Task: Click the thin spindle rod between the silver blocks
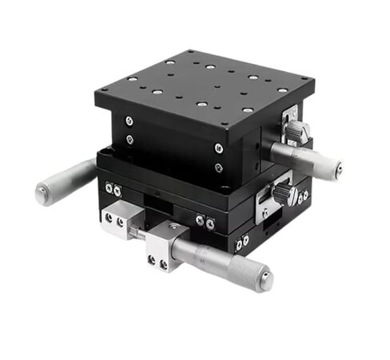(141, 232)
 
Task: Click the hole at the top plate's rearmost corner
(193, 53)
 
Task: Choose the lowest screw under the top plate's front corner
(218, 168)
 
